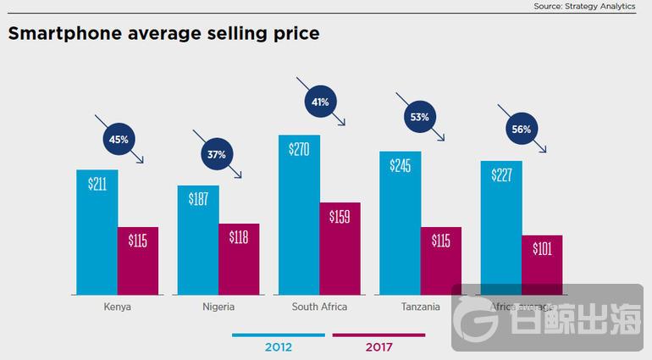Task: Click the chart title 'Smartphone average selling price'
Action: click(x=163, y=35)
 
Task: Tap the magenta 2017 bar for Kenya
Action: click(x=137, y=260)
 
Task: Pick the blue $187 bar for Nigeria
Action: click(x=197, y=240)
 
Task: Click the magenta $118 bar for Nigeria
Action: click(x=238, y=258)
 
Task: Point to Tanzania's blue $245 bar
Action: click(x=400, y=223)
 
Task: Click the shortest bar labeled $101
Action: click(x=542, y=264)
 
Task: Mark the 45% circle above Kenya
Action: click(x=119, y=139)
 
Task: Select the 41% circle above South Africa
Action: click(x=320, y=102)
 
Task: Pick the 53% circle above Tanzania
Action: click(x=420, y=117)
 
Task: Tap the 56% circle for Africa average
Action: click(x=522, y=130)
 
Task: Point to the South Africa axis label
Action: click(x=319, y=307)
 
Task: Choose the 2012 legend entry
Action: click(x=278, y=346)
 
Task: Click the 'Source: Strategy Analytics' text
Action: click(x=584, y=6)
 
